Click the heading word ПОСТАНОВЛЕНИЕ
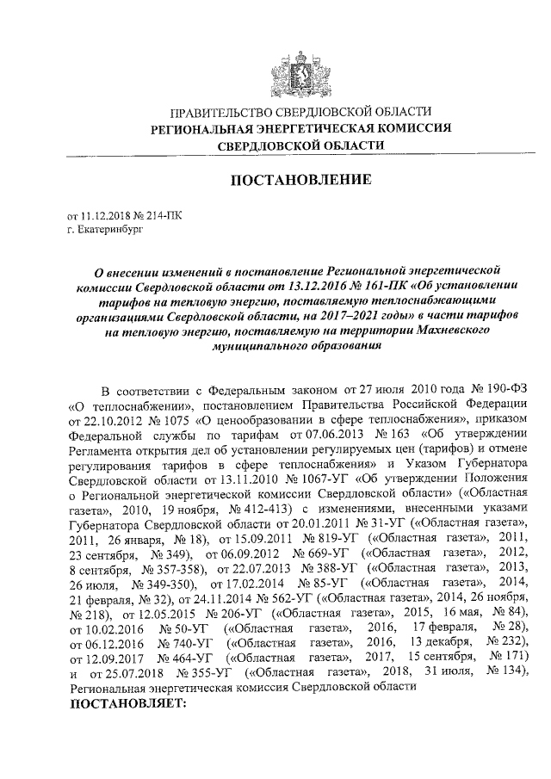(x=300, y=181)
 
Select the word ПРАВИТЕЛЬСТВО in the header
(x=220, y=114)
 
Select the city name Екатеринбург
(x=108, y=231)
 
